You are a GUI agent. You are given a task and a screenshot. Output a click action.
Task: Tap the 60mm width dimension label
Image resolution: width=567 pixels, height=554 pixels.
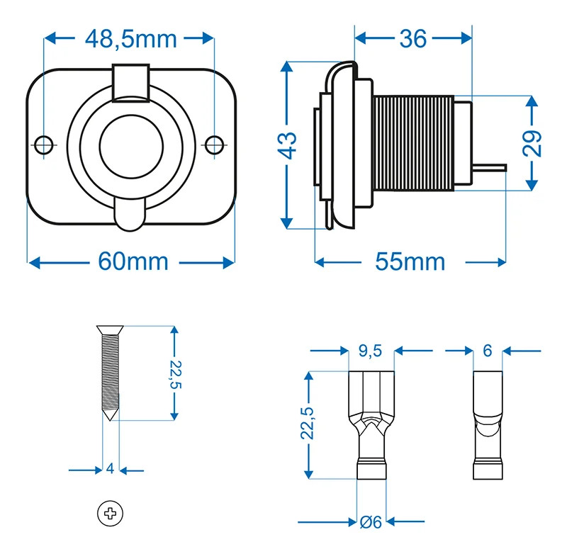tap(133, 261)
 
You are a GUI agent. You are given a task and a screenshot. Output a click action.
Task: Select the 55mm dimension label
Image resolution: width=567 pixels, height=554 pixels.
tap(410, 261)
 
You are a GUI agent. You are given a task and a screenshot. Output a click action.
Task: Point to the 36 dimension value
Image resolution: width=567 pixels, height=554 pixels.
tap(413, 38)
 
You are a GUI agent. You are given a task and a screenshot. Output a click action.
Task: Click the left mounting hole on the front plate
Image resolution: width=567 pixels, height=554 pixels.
tap(44, 144)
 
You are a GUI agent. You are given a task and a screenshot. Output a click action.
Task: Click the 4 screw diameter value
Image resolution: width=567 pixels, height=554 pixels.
tap(110, 469)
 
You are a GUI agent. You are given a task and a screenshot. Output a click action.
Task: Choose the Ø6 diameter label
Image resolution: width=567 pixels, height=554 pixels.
tap(371, 523)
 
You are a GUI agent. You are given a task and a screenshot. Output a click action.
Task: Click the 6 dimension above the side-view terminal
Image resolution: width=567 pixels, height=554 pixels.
tap(487, 350)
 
